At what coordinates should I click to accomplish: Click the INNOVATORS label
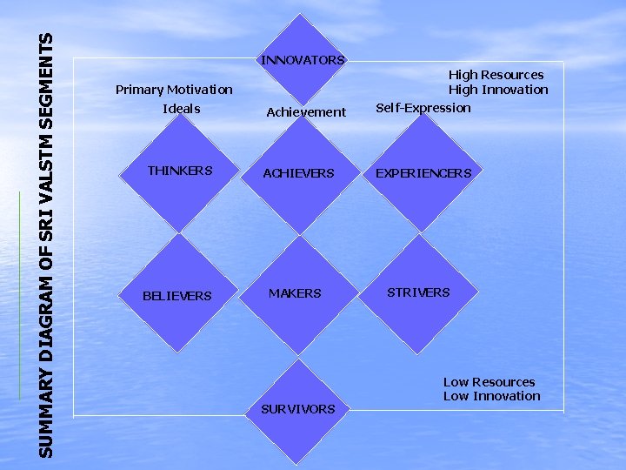coord(303,60)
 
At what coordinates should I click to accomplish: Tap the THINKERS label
coord(180,171)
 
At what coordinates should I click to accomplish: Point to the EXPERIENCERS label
coord(423,173)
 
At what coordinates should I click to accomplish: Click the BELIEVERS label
coord(177,296)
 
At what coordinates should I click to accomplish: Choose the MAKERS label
coord(295,293)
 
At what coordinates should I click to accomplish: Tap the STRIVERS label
coord(418,292)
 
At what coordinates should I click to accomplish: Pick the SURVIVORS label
coord(298,409)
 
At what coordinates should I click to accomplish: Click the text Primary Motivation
coord(174,90)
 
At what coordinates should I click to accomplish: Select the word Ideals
coord(181,109)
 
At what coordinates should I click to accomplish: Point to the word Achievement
coord(306,111)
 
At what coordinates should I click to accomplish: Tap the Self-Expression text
coord(423,108)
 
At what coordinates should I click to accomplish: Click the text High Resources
coord(496,75)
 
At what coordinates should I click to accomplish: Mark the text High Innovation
coord(498,90)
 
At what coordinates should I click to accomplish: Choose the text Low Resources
coord(489,382)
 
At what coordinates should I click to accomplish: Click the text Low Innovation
coord(492,396)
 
